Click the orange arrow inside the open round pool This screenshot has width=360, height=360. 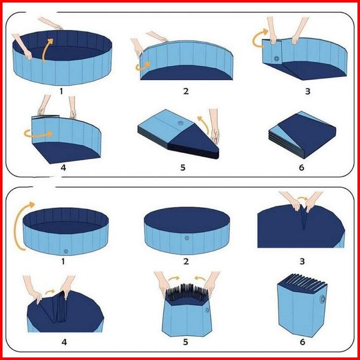click(x=47, y=50)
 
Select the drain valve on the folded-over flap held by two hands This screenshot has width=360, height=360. click(x=277, y=58)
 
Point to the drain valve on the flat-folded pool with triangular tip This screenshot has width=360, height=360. click(x=181, y=123)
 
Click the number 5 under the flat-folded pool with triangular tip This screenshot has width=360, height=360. click(x=183, y=168)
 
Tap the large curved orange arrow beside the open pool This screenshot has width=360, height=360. click(x=19, y=226)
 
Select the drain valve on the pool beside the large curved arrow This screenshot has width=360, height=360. click(x=66, y=251)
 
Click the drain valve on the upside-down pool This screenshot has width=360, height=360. click(x=187, y=238)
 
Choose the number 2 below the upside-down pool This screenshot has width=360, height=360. click(x=186, y=261)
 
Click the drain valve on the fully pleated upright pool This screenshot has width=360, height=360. click(x=322, y=299)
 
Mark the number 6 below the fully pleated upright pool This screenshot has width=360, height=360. click(x=302, y=342)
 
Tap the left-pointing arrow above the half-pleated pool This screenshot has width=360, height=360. click(x=200, y=278)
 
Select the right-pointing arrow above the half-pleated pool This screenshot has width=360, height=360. click(x=173, y=278)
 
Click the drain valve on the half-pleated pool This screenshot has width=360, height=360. click(x=207, y=310)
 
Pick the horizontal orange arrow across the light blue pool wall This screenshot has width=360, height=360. click(x=39, y=134)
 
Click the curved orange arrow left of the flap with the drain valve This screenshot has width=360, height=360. click(x=260, y=38)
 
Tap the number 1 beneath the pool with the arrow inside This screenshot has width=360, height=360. click(x=61, y=91)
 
